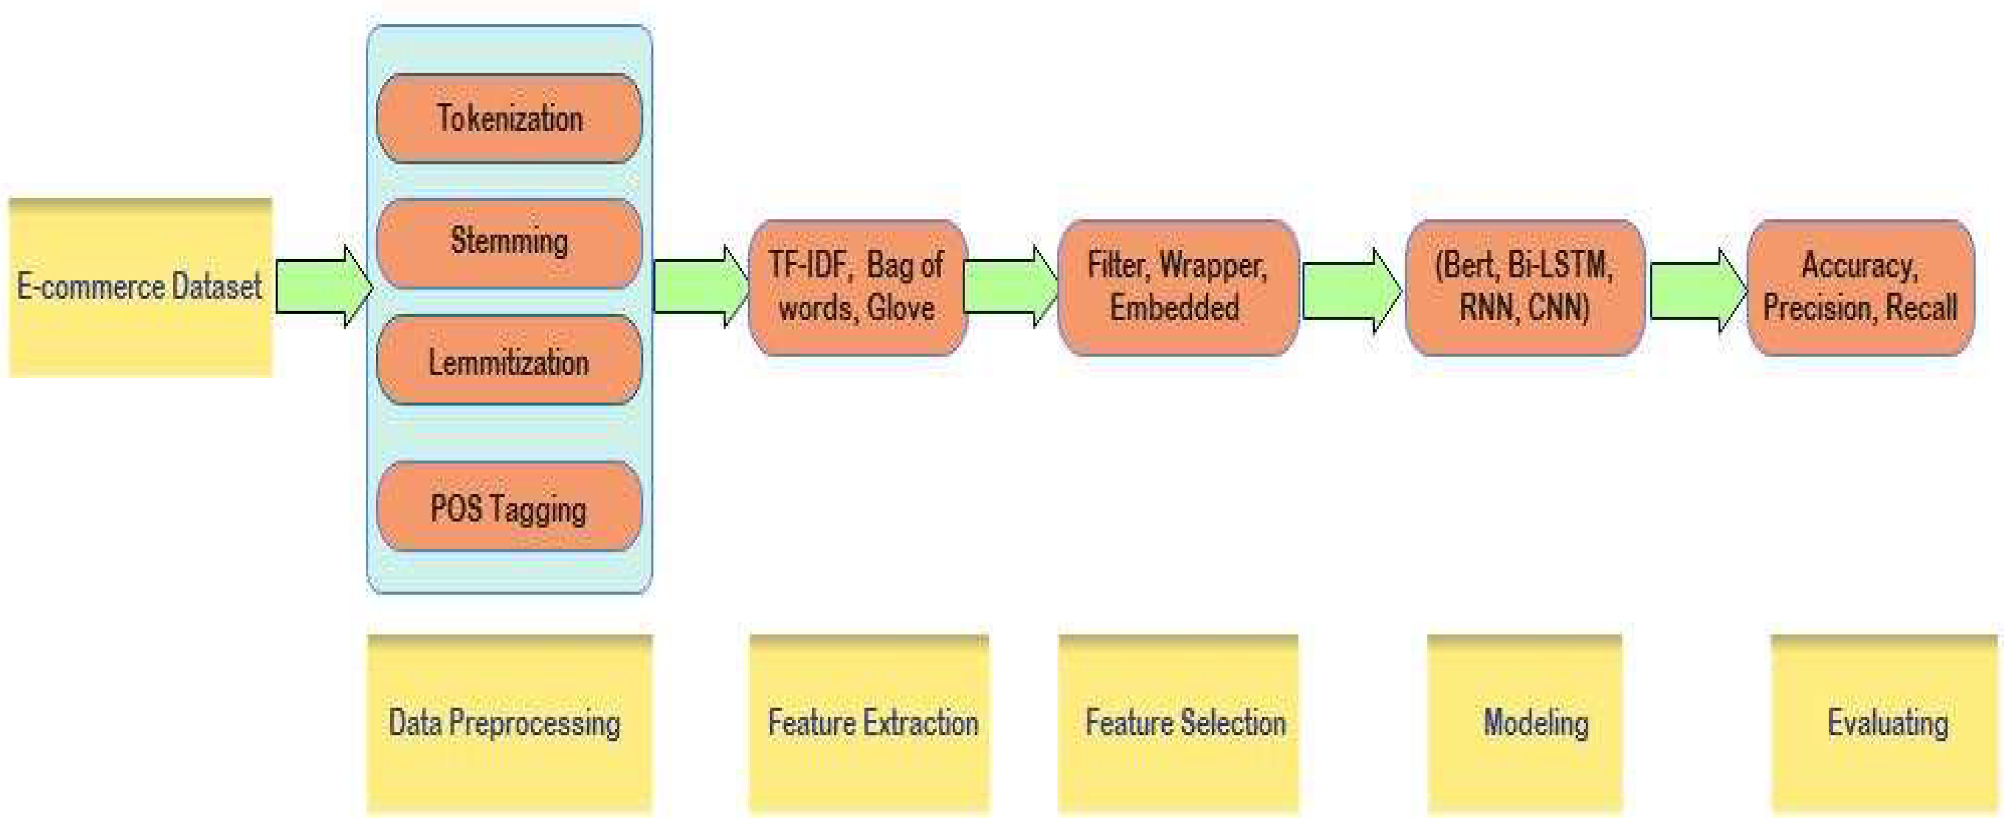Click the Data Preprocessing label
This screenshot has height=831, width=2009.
[x=508, y=723]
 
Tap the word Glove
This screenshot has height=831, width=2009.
[x=901, y=308]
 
